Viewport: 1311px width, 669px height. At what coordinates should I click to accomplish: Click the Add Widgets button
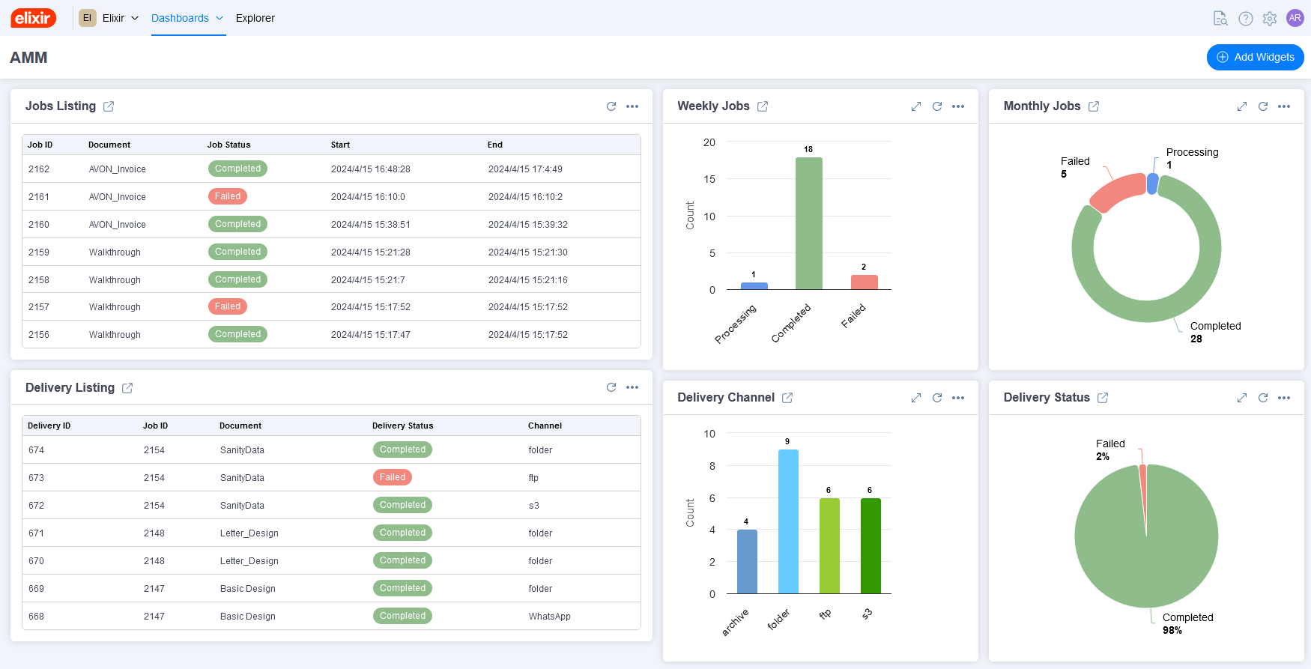[1255, 57]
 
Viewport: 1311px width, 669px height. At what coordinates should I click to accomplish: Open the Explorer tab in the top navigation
[255, 18]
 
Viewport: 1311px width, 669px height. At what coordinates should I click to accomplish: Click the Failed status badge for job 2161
[227, 196]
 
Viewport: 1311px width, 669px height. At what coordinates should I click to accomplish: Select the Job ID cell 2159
[39, 252]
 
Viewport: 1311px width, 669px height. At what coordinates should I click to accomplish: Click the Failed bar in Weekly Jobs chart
[864, 282]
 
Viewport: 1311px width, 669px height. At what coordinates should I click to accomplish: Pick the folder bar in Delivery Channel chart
[788, 521]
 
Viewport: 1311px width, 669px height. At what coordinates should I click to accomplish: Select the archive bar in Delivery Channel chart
[747, 561]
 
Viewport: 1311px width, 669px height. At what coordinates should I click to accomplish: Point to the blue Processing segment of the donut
[1152, 184]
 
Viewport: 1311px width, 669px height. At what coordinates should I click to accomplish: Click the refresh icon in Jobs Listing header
[611, 106]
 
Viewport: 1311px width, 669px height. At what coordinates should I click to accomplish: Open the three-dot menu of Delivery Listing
[632, 387]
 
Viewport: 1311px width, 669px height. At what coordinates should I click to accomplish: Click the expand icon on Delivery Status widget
[1241, 398]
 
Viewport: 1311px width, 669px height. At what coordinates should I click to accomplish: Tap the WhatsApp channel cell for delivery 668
[549, 617]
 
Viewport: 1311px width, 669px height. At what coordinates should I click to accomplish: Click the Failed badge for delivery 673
[392, 477]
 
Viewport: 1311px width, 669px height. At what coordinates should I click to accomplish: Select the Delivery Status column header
[402, 426]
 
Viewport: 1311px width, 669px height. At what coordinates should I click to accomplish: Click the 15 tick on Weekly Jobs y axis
[709, 179]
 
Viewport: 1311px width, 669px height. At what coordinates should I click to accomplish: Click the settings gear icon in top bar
[1269, 19]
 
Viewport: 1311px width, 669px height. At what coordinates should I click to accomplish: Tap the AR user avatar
[1295, 18]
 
